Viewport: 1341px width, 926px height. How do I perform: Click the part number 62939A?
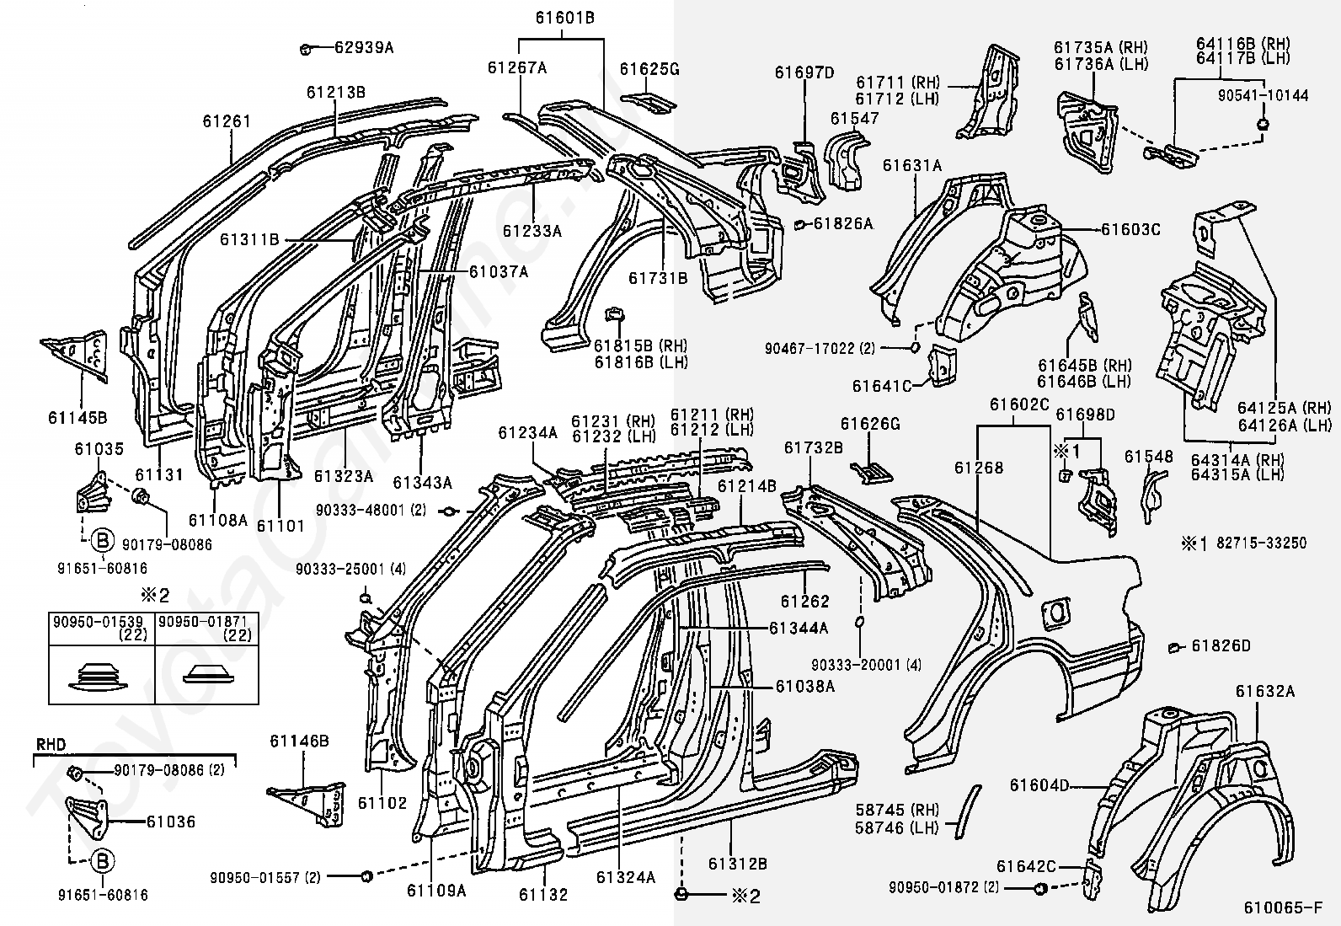pyautogui.click(x=363, y=47)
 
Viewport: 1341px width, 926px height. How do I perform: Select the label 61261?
pyautogui.click(x=227, y=121)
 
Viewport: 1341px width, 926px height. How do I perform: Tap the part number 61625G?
pyautogui.click(x=649, y=68)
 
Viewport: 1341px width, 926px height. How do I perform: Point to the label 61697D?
pyautogui.click(x=804, y=72)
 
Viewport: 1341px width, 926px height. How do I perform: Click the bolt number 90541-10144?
pyautogui.click(x=1263, y=95)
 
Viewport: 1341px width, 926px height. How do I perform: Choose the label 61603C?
pyautogui.click(x=1130, y=228)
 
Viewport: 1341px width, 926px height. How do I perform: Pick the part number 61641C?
pyautogui.click(x=882, y=386)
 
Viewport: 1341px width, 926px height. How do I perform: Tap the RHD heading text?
pyautogui.click(x=51, y=744)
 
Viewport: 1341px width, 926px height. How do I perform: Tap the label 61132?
pyautogui.click(x=543, y=894)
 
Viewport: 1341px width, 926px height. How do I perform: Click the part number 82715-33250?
pyautogui.click(x=1261, y=543)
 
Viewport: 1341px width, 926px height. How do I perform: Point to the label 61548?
pyautogui.click(x=1149, y=458)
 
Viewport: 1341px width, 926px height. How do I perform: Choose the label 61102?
pyautogui.click(x=382, y=803)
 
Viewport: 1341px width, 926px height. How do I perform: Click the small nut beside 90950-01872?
pyautogui.click(x=1039, y=887)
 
